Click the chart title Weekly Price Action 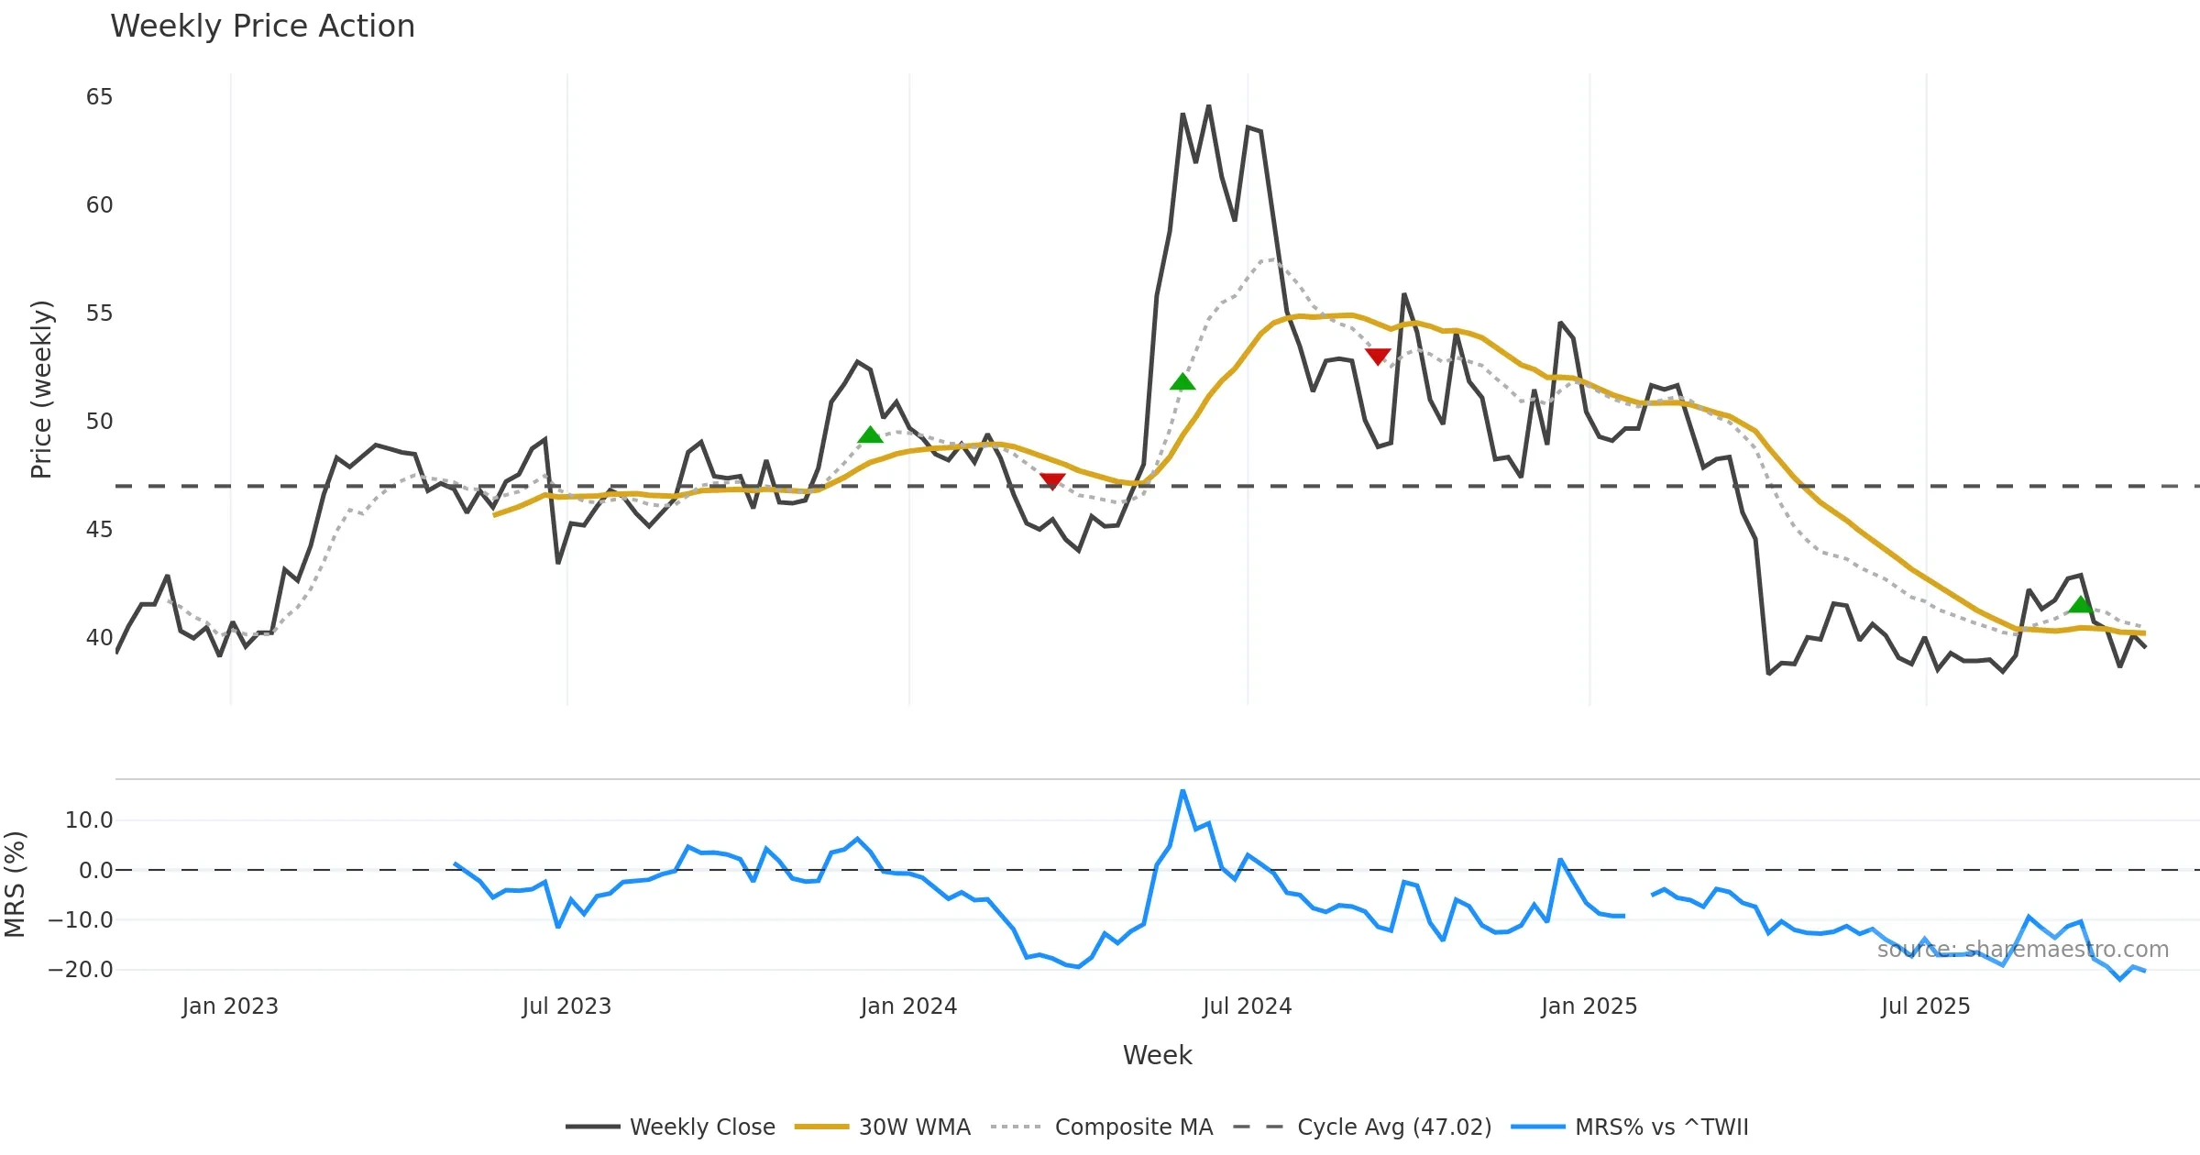262,27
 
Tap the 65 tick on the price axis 99,97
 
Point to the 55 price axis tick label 99,313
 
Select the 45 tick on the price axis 99,530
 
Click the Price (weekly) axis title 42,390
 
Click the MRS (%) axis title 16,884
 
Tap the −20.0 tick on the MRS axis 81,970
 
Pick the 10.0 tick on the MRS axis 89,820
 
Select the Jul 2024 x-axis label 1247,1006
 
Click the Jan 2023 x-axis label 229,1006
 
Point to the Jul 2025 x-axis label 1925,1006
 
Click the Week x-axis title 1157,1056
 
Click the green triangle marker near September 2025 2081,604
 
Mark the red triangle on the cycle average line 1052,481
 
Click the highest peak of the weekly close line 1208,106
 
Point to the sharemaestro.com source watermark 2022,950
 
